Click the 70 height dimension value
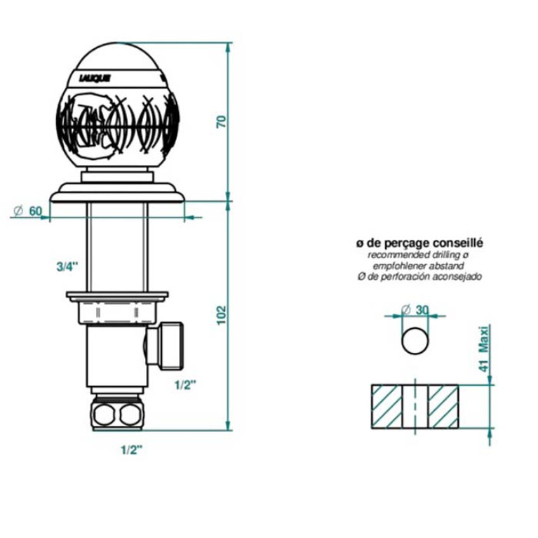click(222, 122)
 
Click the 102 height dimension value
click(222, 315)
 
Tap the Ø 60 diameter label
click(27, 211)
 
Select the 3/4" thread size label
click(67, 267)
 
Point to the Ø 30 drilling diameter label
click(415, 310)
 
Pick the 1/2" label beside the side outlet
click(185, 385)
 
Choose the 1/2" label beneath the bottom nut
click(131, 450)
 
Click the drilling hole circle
click(415, 341)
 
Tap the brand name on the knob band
click(95, 79)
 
